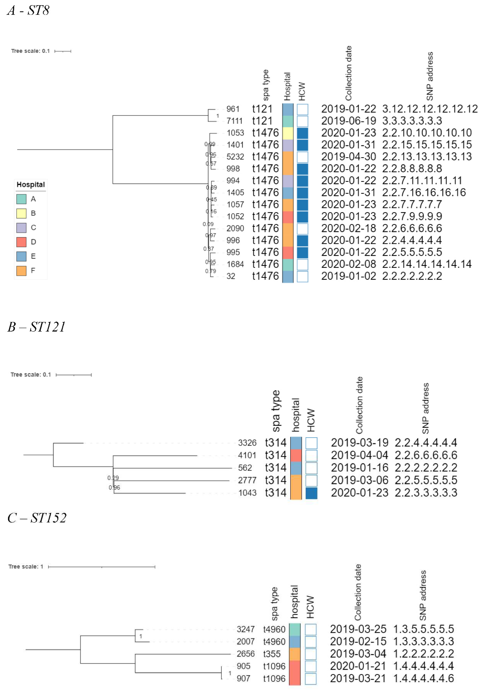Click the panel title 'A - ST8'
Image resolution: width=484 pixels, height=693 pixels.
[x=28, y=11]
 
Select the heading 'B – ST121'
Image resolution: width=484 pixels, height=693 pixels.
[x=36, y=327]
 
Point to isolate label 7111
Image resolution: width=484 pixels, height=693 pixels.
[x=234, y=121]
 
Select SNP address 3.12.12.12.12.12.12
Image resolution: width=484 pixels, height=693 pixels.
[x=430, y=109]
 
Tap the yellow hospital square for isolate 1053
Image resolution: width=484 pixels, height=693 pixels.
[x=288, y=133]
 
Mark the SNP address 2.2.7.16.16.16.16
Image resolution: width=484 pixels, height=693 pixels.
[x=424, y=193]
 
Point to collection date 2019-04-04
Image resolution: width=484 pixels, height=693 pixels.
[x=359, y=455]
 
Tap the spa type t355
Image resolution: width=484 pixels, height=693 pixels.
[x=272, y=654]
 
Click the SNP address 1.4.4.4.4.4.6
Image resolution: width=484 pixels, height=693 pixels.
[x=423, y=678]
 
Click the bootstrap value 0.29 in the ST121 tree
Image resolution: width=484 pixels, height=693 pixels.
[x=113, y=478]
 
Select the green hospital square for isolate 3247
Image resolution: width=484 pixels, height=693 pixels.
[x=295, y=629]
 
